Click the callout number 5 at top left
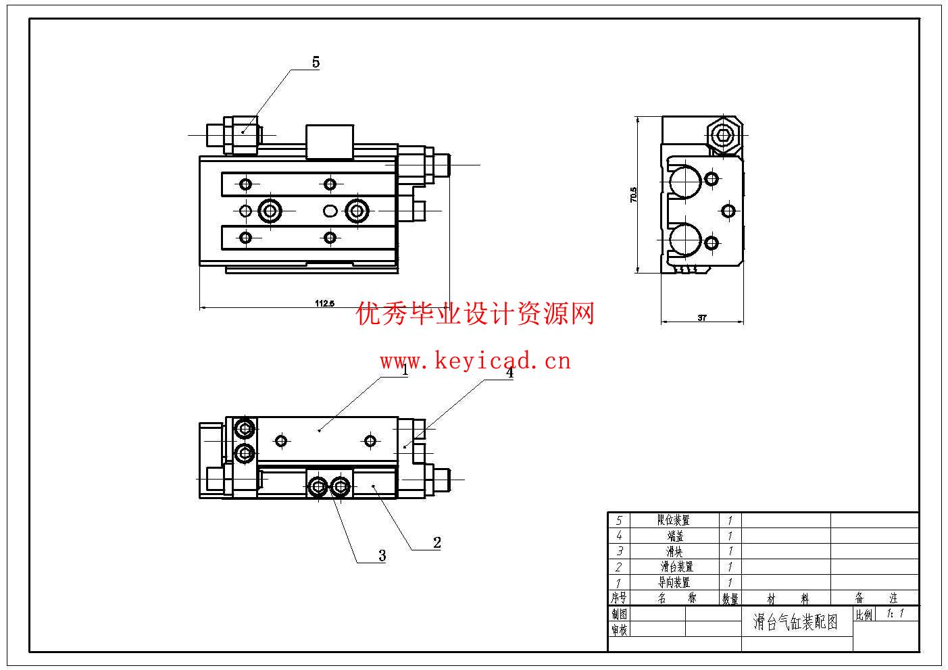coord(316,63)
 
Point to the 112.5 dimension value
coord(324,303)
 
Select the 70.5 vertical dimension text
coord(633,195)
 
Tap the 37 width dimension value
coord(702,318)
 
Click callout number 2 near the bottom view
coord(437,542)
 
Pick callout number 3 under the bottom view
coord(382,556)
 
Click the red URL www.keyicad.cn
coord(475,361)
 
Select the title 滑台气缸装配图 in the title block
coord(795,622)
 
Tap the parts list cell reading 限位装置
coord(674,520)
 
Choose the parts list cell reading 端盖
coord(675,536)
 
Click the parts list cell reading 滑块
coord(674,551)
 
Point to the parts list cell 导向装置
coord(674,582)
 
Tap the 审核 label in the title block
coord(620,629)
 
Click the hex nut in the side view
coord(724,136)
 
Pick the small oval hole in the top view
coord(330,211)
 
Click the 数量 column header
coord(730,598)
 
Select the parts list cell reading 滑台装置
coord(676,567)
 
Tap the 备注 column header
coord(876,598)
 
